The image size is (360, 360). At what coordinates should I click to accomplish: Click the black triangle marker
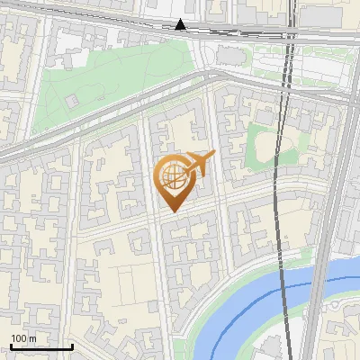pos(181,25)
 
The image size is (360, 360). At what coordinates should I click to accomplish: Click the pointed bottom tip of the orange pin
pos(174,211)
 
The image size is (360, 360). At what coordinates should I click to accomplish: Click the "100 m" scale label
pos(23,338)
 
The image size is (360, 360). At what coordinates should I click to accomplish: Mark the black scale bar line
pos(41,346)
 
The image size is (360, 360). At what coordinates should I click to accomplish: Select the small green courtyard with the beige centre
pos(265,144)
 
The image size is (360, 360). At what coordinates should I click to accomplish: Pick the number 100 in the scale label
pos(19,338)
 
